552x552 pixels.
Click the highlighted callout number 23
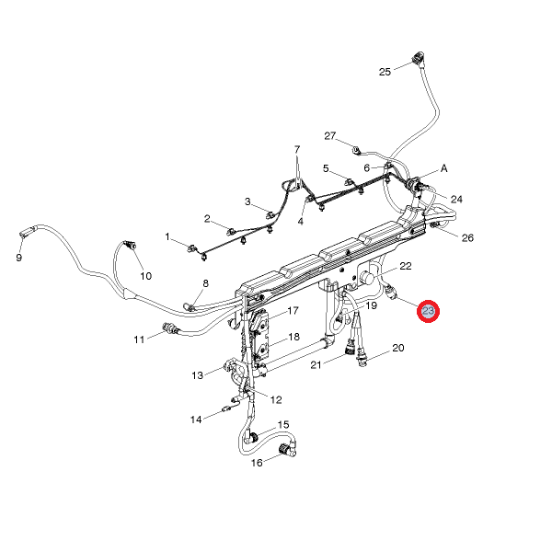point(429,313)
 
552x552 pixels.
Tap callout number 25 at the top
point(385,71)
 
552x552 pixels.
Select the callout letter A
point(444,169)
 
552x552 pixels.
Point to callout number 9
point(18,259)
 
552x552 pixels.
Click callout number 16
point(258,462)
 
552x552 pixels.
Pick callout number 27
point(330,135)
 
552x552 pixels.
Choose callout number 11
point(139,339)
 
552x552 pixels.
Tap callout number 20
point(398,348)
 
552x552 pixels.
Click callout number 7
point(297,149)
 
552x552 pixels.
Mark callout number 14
point(196,420)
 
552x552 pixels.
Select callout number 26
point(467,237)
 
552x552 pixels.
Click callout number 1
point(168,236)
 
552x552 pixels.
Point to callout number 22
point(405,266)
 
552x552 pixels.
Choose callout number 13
point(197,375)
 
